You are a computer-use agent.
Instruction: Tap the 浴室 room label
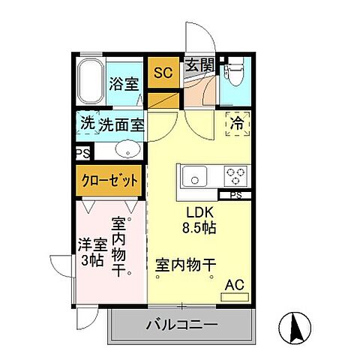coord(123,84)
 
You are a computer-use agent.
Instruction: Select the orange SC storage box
coord(163,73)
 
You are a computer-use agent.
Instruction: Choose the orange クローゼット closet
coord(110,180)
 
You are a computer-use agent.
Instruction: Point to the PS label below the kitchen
coord(235,196)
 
